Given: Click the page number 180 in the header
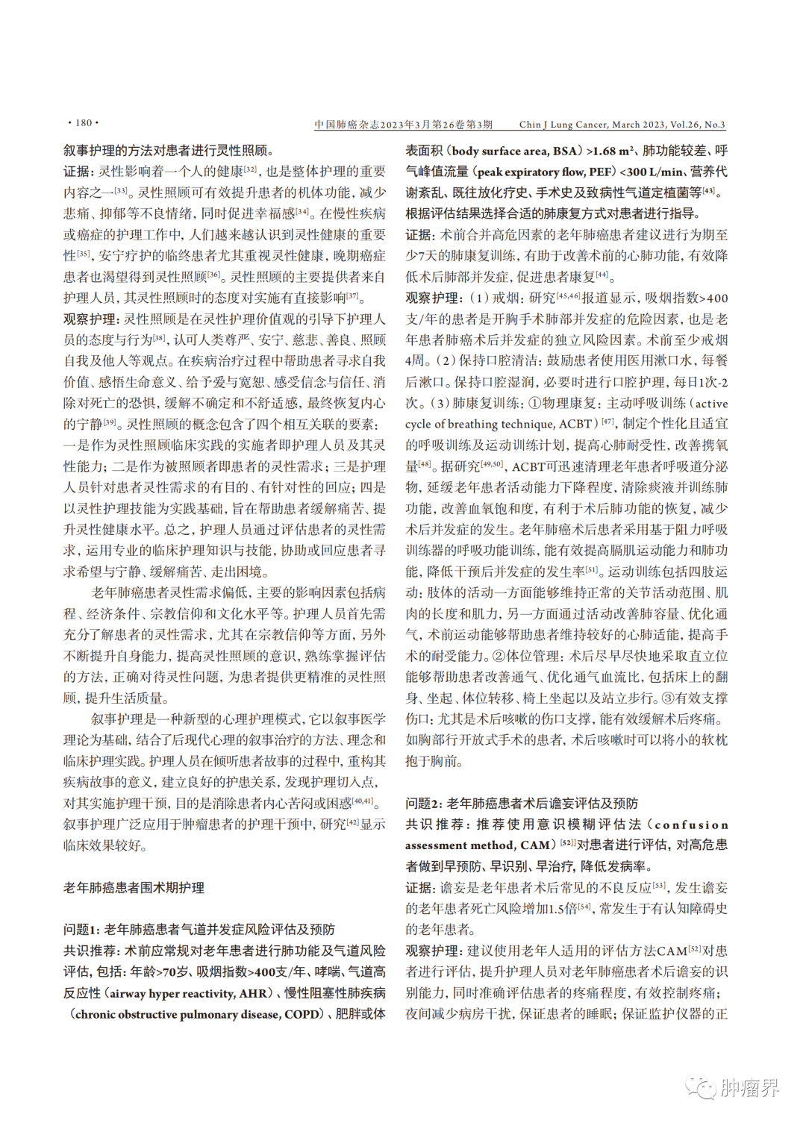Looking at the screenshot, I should point(83,123).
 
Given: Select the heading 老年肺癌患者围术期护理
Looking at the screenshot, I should point(134,888).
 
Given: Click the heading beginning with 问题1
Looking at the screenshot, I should point(199,930).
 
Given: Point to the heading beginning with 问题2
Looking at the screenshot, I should point(522,804).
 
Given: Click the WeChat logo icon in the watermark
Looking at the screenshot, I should point(702,1087).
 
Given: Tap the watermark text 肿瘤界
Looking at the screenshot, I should point(749,1088).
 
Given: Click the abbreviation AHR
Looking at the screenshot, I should point(253,993).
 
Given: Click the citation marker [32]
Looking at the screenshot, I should point(251,169).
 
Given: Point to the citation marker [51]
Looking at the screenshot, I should point(591,569).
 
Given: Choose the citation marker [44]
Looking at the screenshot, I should point(602,274).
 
